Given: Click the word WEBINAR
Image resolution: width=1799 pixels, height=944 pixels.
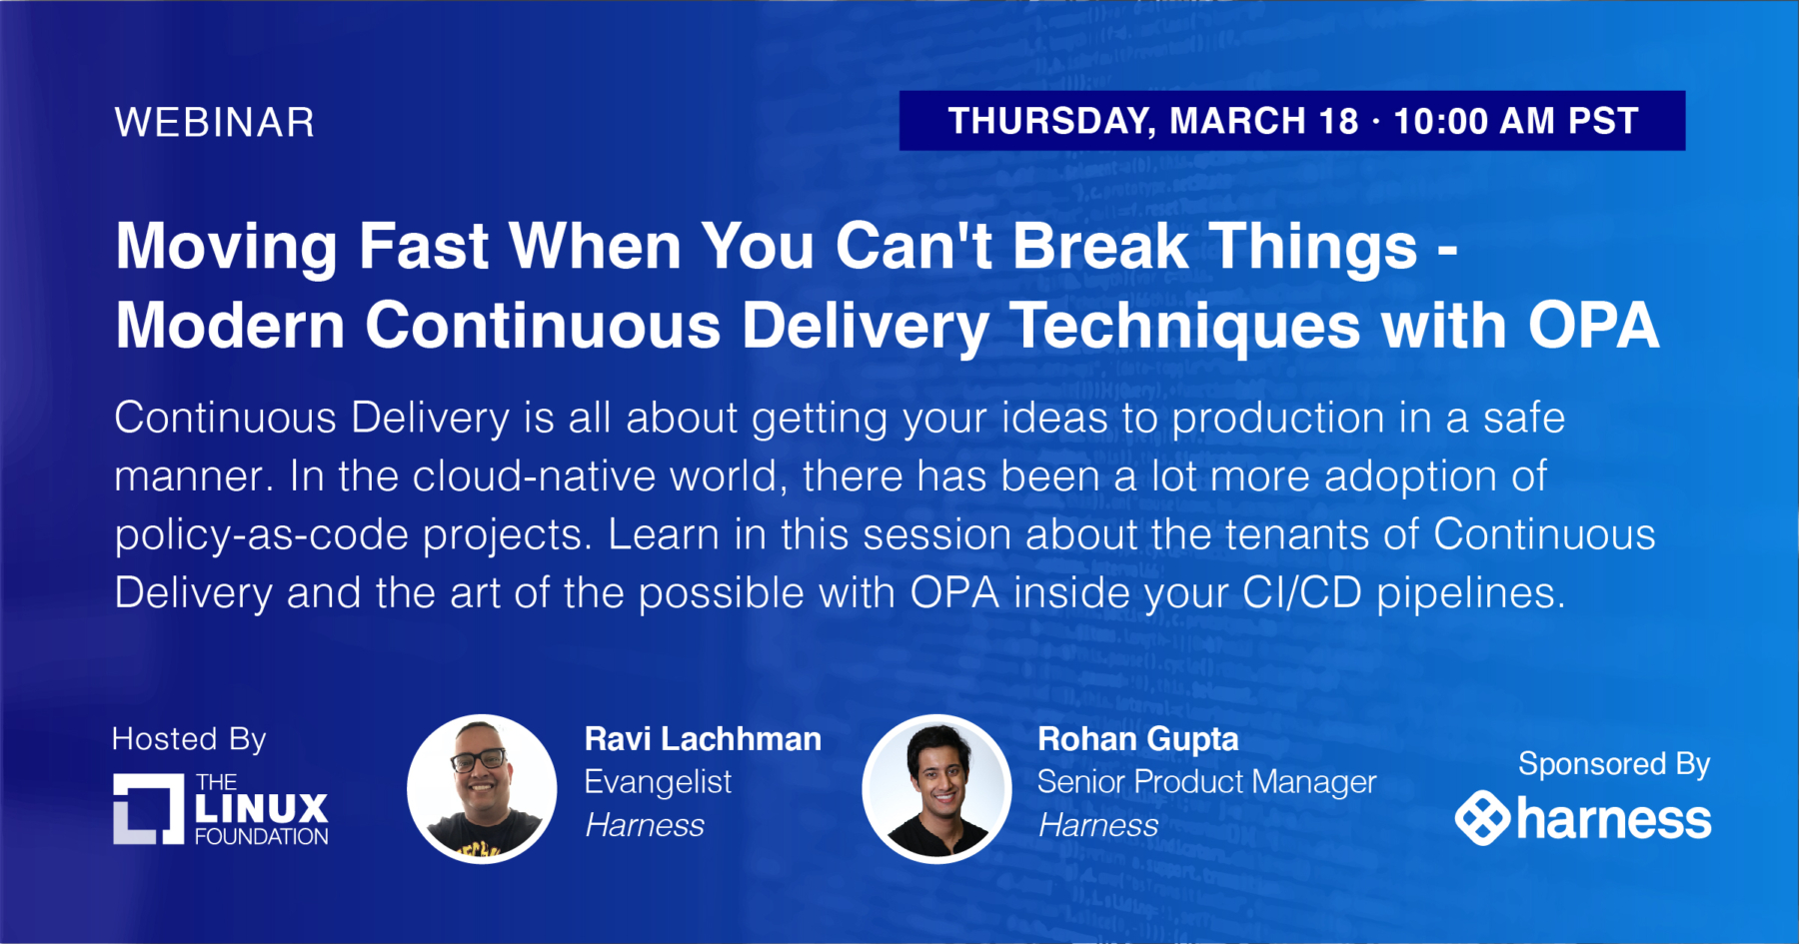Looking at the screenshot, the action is coord(215,123).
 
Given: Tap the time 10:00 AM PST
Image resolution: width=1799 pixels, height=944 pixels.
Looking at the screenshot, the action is coord(1516,121).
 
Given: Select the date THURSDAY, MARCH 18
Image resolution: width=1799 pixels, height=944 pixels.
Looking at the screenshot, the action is coord(1153,122).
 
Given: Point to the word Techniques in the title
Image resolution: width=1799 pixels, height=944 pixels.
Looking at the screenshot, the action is coord(1183,328).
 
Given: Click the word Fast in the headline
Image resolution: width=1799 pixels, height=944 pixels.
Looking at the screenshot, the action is coord(424,246).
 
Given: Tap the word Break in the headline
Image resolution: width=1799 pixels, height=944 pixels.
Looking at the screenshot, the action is coord(1100,246).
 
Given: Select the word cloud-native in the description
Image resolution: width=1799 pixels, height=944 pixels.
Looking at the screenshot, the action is coord(596,476).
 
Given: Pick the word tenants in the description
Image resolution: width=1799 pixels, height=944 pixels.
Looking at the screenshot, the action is coord(1297,534).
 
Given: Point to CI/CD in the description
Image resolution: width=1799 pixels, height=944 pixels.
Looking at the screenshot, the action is coord(1302,593).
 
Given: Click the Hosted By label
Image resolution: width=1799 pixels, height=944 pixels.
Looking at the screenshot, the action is coord(189,739).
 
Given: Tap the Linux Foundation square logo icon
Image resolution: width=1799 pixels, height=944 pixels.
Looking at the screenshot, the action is coord(149,809).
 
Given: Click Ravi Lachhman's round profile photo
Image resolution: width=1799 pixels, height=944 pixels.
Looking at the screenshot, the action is coord(482,789).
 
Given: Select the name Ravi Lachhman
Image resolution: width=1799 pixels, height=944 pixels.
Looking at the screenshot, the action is coord(703,739).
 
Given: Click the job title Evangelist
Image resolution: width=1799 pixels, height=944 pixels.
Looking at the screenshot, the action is coord(658,782).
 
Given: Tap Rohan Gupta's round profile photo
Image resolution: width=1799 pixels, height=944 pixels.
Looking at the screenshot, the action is coord(936,789).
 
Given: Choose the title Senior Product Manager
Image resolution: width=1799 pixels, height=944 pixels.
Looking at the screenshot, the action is coord(1206,782).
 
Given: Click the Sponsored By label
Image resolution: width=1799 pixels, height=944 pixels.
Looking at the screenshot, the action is coord(1614,764).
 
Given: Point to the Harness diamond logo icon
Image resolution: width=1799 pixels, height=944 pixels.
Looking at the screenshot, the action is coord(1482,818).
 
